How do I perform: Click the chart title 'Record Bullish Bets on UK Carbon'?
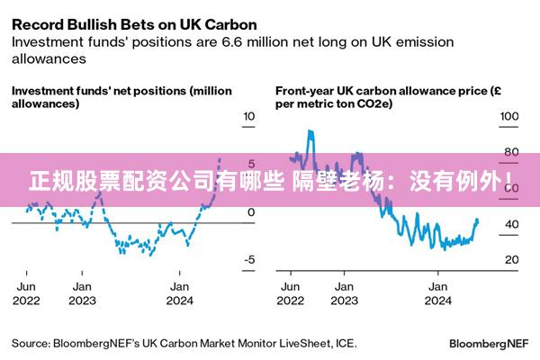coord(134,22)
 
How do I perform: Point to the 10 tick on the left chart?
coord(250,117)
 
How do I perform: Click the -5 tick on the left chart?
coord(250,259)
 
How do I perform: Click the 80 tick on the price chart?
coord(510,152)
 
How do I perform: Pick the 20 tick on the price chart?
coord(510,259)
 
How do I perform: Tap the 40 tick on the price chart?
coord(510,224)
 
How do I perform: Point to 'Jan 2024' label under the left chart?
coord(181,293)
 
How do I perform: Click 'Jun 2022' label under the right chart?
coord(290,293)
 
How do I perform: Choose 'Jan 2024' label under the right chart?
coord(437,293)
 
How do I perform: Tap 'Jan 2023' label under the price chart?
coord(343,293)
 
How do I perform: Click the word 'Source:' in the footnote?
coord(30,343)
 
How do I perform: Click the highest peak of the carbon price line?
coord(310,131)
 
